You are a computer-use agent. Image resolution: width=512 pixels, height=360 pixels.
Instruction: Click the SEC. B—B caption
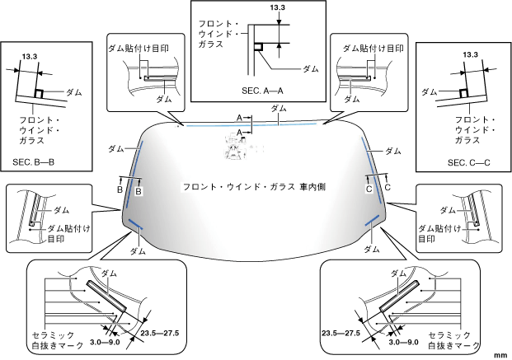[x=33, y=162]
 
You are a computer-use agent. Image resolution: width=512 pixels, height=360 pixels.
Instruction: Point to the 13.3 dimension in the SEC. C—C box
[x=472, y=54]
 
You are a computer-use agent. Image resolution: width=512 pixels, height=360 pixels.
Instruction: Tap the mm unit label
[x=500, y=353]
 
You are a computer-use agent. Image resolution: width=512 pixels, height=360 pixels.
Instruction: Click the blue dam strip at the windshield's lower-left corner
[x=136, y=227]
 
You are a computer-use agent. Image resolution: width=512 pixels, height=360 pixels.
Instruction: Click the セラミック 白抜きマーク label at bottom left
[x=58, y=341]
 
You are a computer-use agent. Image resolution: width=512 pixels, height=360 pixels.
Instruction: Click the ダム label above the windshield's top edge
[x=279, y=108]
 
